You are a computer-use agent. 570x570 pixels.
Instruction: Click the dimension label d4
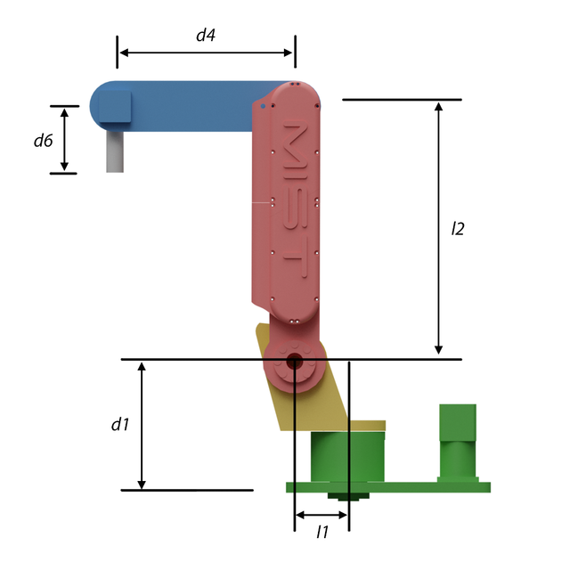pyautogui.click(x=206, y=36)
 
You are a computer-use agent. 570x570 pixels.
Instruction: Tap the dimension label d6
pyautogui.click(x=43, y=140)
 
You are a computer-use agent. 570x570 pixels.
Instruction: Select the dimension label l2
pyautogui.click(x=458, y=228)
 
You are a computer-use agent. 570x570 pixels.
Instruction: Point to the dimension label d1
pyautogui.click(x=120, y=425)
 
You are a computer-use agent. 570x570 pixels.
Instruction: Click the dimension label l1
pyautogui.click(x=322, y=533)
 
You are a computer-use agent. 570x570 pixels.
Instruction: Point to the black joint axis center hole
pyautogui.click(x=293, y=362)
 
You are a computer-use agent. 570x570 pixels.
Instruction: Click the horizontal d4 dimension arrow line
pyautogui.click(x=206, y=53)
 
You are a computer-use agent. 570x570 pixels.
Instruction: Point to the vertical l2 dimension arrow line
pyautogui.click(x=438, y=228)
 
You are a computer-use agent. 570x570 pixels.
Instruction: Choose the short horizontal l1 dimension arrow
pyautogui.click(x=322, y=515)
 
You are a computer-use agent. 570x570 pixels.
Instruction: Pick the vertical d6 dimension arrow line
pyautogui.click(x=64, y=140)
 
